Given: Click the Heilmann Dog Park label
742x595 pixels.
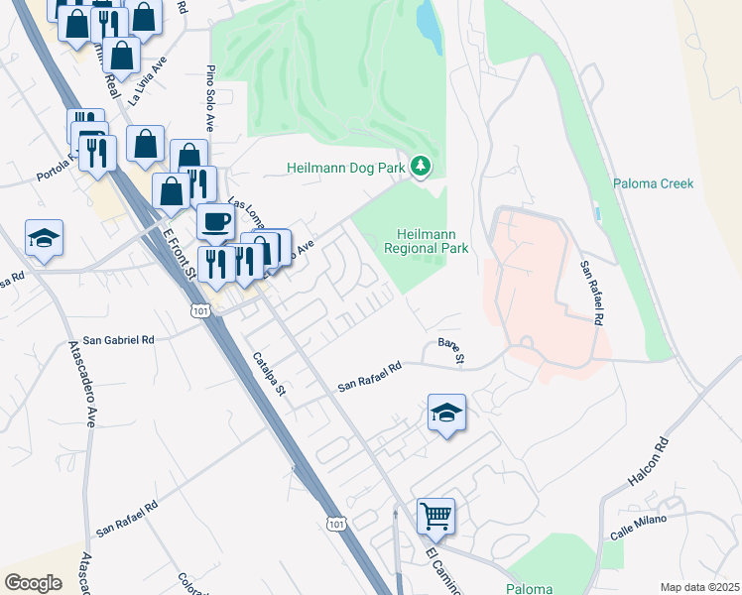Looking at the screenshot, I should (346, 168).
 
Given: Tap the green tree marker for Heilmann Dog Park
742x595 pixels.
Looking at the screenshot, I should (422, 167).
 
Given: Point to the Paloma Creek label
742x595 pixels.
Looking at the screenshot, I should (653, 183).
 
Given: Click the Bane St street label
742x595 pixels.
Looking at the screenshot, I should (451, 350).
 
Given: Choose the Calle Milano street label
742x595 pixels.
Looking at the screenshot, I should (635, 526).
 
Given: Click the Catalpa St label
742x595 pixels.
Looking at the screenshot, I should (268, 374).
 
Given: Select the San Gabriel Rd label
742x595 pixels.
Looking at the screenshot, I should (119, 339).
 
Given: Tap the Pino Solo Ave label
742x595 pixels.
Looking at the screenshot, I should (210, 99).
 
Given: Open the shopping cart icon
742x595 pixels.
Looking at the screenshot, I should (435, 516).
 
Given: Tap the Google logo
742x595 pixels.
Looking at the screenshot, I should (33, 582).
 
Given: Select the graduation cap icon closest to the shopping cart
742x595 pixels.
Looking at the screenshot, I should (447, 412).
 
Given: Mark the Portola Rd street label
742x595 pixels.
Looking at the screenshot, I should (58, 168).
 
